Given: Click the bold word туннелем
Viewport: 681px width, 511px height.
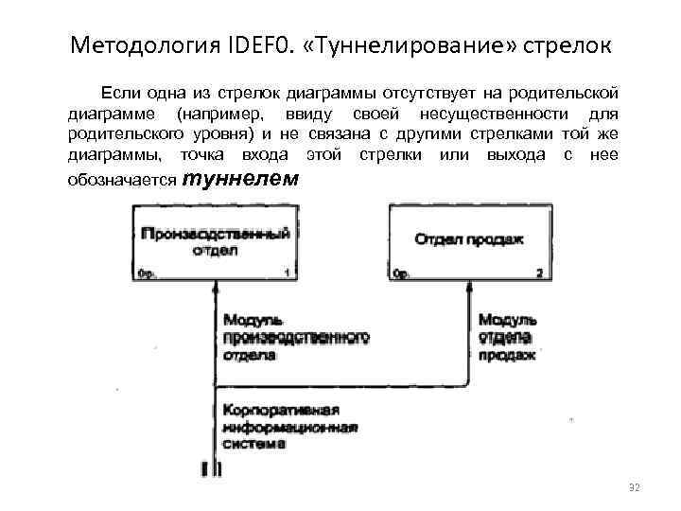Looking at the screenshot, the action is [x=238, y=179].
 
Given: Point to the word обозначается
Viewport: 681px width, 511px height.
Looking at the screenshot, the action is [x=122, y=182].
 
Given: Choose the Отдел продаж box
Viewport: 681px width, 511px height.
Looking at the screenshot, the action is [x=468, y=241].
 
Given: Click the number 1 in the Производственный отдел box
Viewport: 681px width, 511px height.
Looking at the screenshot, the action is [x=286, y=273].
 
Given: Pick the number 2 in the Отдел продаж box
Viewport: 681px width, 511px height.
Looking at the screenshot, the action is [x=538, y=273].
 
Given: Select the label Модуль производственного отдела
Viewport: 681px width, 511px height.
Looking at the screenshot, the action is [x=295, y=338].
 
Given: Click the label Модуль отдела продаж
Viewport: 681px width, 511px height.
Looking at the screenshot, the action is [x=507, y=338].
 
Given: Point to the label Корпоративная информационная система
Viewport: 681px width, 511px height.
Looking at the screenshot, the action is [x=288, y=426].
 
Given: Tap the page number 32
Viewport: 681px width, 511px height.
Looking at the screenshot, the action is [x=634, y=486].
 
